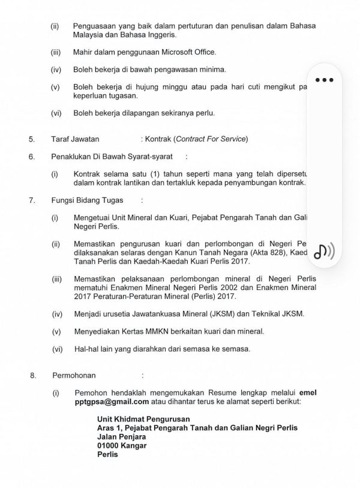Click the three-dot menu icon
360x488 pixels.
(x=323, y=80)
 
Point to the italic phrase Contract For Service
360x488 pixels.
(x=209, y=140)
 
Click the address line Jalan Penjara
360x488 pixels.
(x=122, y=436)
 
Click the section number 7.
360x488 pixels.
(x=31, y=199)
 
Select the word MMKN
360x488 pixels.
(x=159, y=331)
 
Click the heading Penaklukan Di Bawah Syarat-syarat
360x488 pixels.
(x=108, y=157)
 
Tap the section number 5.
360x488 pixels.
(x=31, y=140)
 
